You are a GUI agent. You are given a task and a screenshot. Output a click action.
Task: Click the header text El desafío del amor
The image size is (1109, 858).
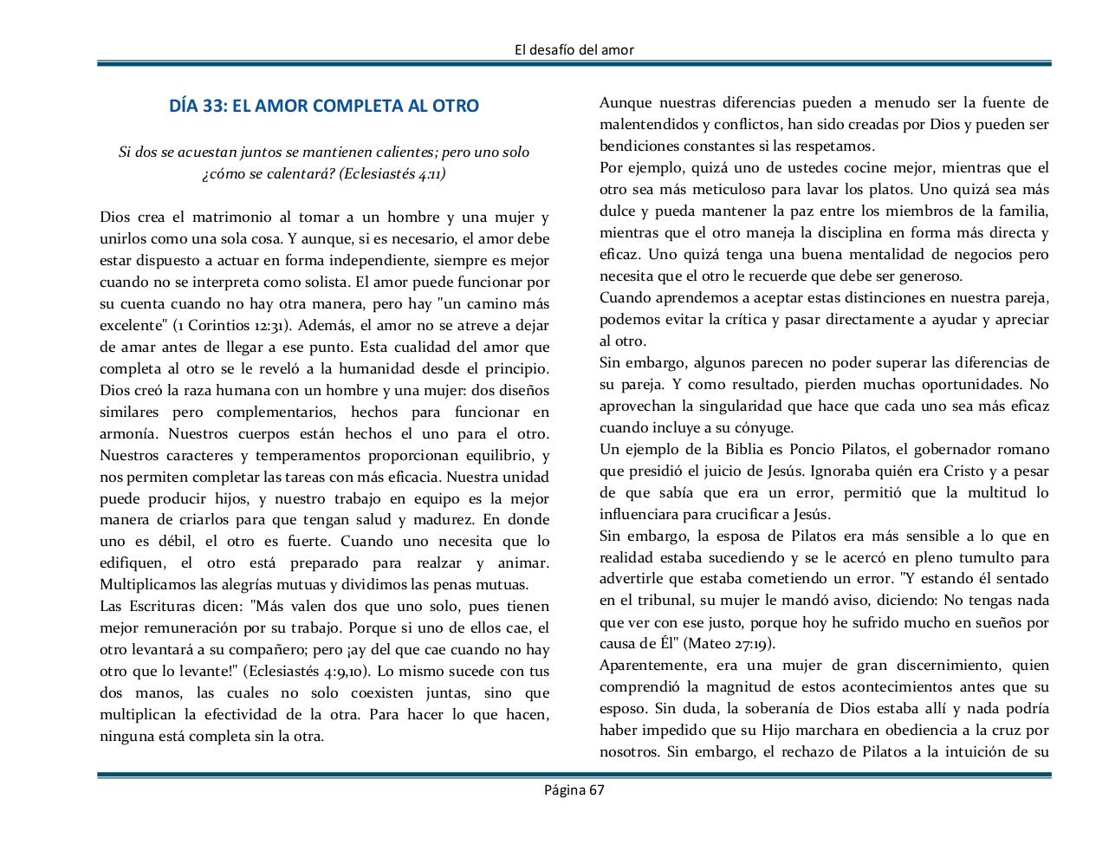coord(574,49)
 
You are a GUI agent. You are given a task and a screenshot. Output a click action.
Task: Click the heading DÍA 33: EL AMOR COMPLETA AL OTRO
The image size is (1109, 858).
coord(324,106)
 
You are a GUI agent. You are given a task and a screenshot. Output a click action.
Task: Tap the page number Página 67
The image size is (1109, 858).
coord(574,790)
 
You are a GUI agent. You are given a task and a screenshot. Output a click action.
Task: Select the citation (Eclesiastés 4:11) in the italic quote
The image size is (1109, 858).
coord(392,173)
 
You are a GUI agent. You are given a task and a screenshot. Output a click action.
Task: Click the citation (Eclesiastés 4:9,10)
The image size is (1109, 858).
coord(307,672)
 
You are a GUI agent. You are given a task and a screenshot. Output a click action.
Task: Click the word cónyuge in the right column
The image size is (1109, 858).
coord(764,427)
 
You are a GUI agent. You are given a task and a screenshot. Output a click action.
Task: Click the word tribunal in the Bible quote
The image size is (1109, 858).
coord(642,601)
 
